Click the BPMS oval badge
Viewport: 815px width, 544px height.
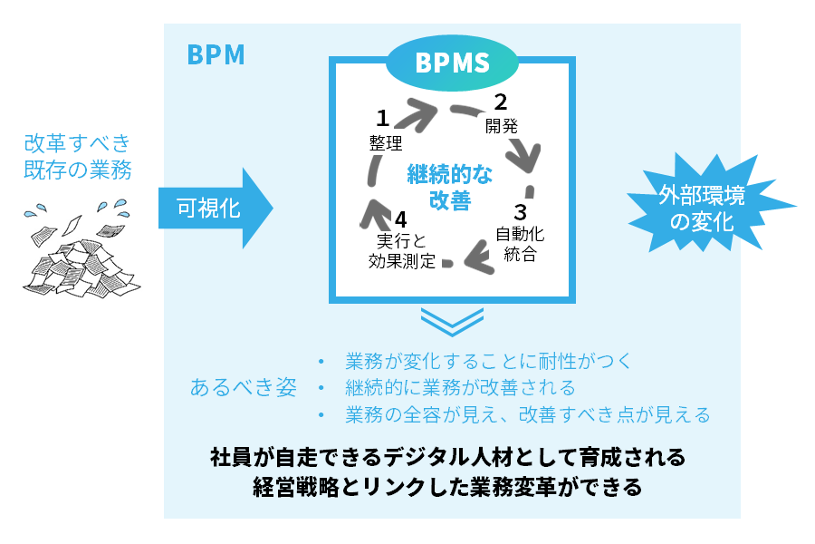452,63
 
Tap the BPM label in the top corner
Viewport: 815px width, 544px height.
216,55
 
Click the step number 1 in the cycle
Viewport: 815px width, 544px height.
382,118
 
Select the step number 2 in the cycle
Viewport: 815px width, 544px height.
500,102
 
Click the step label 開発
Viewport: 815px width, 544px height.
501,125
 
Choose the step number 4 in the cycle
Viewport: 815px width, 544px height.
400,219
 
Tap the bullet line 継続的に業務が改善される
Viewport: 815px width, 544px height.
460,388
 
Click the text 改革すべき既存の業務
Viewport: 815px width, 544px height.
78,157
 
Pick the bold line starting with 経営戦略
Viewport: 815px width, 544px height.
447,486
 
